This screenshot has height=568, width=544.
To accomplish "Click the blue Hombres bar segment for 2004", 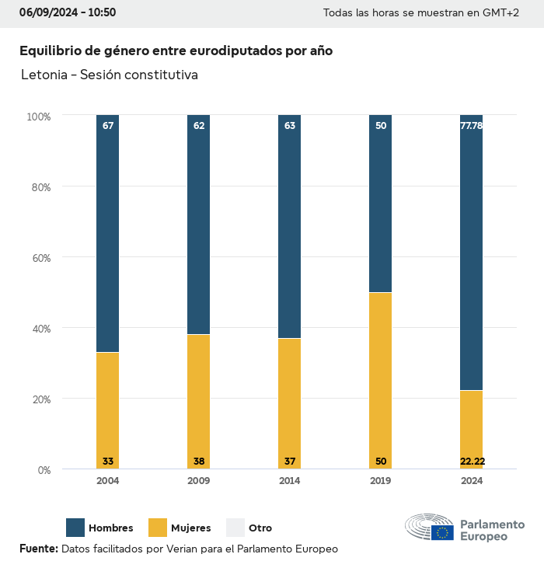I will point(108,233).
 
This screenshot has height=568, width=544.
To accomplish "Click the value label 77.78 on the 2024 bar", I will point(472,125).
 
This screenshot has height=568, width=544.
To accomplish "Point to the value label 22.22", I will point(472,462).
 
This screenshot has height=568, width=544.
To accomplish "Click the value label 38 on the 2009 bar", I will point(199,462).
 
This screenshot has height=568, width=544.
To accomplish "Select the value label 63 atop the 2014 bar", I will point(290,125).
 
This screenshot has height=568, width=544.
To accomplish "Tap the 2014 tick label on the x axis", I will point(290,481).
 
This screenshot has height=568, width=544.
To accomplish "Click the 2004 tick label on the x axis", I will point(108,481).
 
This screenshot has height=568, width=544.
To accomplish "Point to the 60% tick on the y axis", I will point(40,258).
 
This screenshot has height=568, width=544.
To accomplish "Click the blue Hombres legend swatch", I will point(75,528).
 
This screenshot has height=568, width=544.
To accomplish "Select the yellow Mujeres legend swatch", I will point(158,528).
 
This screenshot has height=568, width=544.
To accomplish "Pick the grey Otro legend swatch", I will point(235,528).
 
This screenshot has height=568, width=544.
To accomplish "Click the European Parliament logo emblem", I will point(429,528).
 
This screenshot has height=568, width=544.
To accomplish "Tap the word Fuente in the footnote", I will point(38,549).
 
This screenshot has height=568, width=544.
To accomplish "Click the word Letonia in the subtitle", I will point(44,75).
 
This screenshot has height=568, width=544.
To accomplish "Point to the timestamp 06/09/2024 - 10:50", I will point(68,12).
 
